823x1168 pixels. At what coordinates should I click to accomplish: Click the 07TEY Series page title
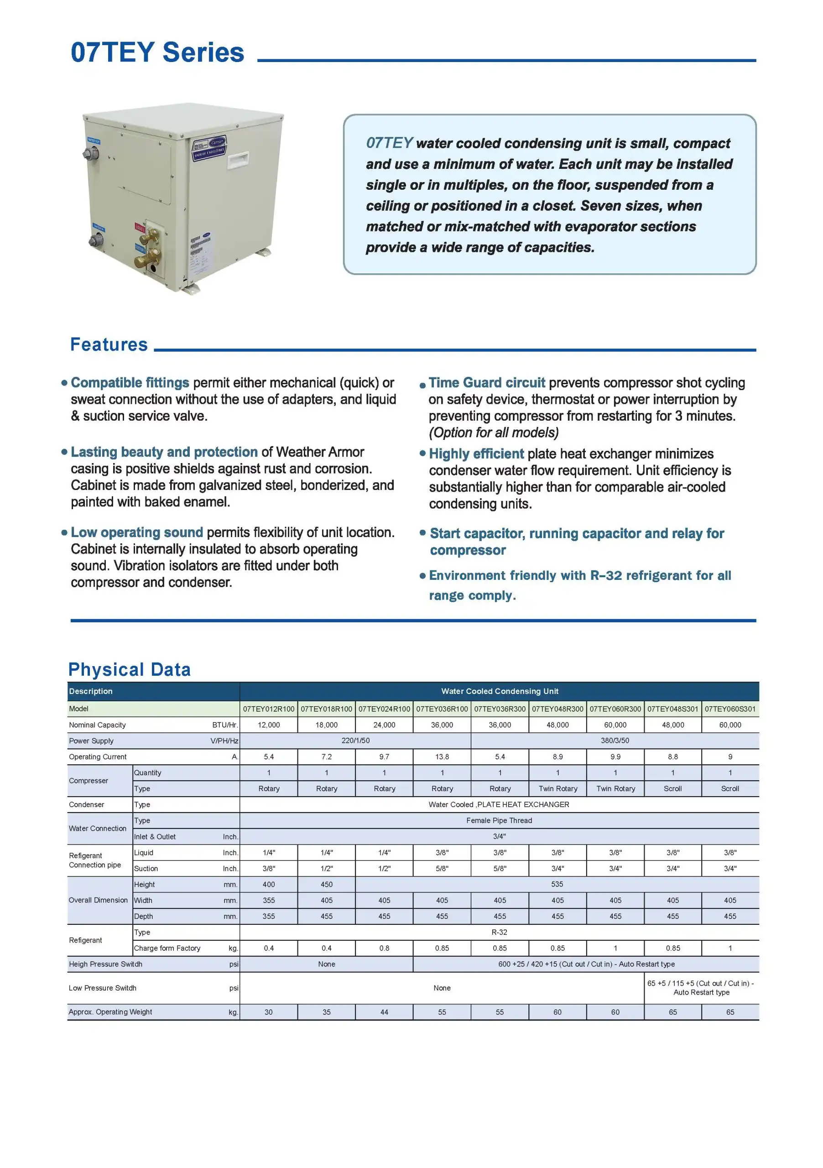(157, 52)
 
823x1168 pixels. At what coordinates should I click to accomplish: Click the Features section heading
(109, 344)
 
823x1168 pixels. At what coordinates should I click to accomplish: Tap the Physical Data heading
(129, 669)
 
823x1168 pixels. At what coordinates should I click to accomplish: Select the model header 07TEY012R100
(269, 709)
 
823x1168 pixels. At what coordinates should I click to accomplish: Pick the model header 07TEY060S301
(730, 709)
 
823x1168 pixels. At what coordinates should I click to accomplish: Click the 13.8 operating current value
(442, 756)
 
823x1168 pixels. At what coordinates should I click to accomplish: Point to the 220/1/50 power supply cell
(355, 740)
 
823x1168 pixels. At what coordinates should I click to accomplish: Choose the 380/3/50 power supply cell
(615, 740)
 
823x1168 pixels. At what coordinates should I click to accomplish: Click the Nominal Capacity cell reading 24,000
(384, 725)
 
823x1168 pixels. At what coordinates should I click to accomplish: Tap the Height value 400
(269, 884)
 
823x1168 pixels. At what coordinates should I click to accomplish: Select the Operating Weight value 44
(384, 1012)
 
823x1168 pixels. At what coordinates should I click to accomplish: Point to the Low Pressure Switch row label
(102, 988)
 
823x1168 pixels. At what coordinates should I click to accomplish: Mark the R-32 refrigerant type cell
(499, 932)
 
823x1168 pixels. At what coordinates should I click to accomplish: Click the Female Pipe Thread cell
(499, 820)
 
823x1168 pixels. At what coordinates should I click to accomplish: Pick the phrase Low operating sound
(137, 532)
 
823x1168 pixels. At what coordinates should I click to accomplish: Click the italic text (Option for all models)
(494, 433)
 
